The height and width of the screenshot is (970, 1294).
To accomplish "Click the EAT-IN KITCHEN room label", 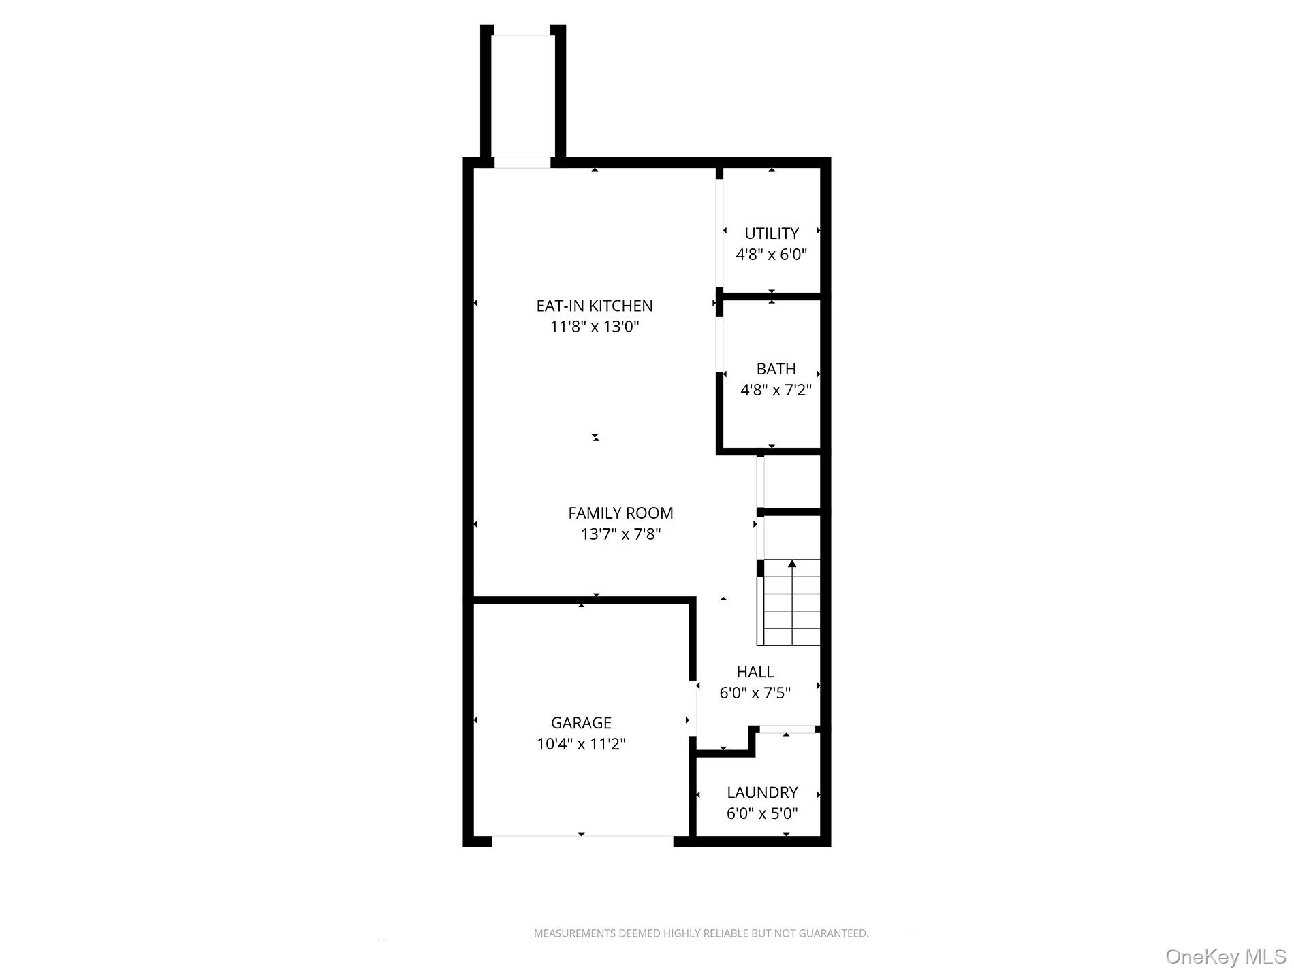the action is pyautogui.click(x=595, y=306).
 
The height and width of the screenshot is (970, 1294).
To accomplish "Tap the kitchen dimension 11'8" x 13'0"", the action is pyautogui.click(x=595, y=327).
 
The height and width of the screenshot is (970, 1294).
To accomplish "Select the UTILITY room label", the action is pyautogui.click(x=772, y=233).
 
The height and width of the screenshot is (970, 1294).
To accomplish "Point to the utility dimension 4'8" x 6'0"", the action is pyautogui.click(x=772, y=255).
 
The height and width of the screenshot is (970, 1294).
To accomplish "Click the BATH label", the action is pyautogui.click(x=776, y=369).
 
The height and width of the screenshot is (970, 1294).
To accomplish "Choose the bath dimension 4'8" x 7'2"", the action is pyautogui.click(x=776, y=390).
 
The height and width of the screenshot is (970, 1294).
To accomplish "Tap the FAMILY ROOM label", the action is pyautogui.click(x=621, y=513).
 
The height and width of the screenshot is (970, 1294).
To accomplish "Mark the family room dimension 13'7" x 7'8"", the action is pyautogui.click(x=621, y=534).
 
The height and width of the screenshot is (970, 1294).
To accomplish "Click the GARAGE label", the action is pyautogui.click(x=582, y=723).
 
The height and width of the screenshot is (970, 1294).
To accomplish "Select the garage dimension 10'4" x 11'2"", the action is pyautogui.click(x=582, y=744).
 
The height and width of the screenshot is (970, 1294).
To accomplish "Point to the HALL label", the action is pyautogui.click(x=755, y=672).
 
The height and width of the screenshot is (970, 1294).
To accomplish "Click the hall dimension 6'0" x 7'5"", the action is pyautogui.click(x=755, y=693).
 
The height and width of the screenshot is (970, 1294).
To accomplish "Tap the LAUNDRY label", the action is pyautogui.click(x=762, y=792).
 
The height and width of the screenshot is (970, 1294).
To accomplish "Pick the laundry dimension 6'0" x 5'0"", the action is pyautogui.click(x=762, y=813).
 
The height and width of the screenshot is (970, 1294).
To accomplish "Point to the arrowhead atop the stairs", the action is pyautogui.click(x=792, y=564).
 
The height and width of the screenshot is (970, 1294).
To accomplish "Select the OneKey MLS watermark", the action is pyautogui.click(x=1225, y=956).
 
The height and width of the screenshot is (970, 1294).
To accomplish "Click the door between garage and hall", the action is pyautogui.click(x=693, y=708).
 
